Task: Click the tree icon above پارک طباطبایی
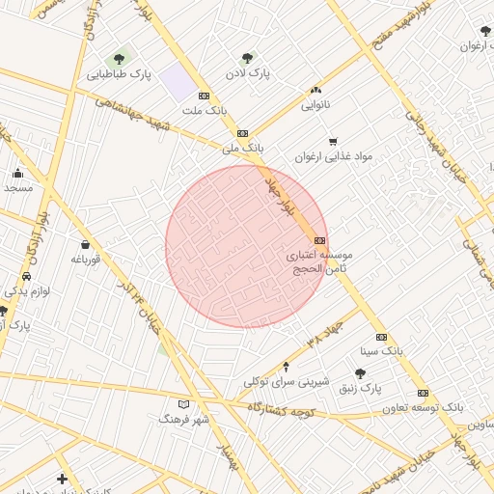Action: (x=120, y=59)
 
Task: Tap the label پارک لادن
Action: (x=247, y=72)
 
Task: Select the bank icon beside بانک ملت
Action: (x=204, y=96)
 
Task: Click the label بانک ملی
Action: (x=241, y=149)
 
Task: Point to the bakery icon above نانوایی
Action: (x=317, y=89)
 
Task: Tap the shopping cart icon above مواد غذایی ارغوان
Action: (x=333, y=141)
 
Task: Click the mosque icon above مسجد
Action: (x=18, y=174)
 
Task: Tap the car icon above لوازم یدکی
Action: (x=26, y=276)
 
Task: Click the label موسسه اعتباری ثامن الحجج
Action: (x=320, y=262)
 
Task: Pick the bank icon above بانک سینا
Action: (x=381, y=337)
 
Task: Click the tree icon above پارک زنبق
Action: (x=360, y=373)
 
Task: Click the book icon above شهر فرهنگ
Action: (x=184, y=404)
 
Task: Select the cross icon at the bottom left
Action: (x=63, y=479)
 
